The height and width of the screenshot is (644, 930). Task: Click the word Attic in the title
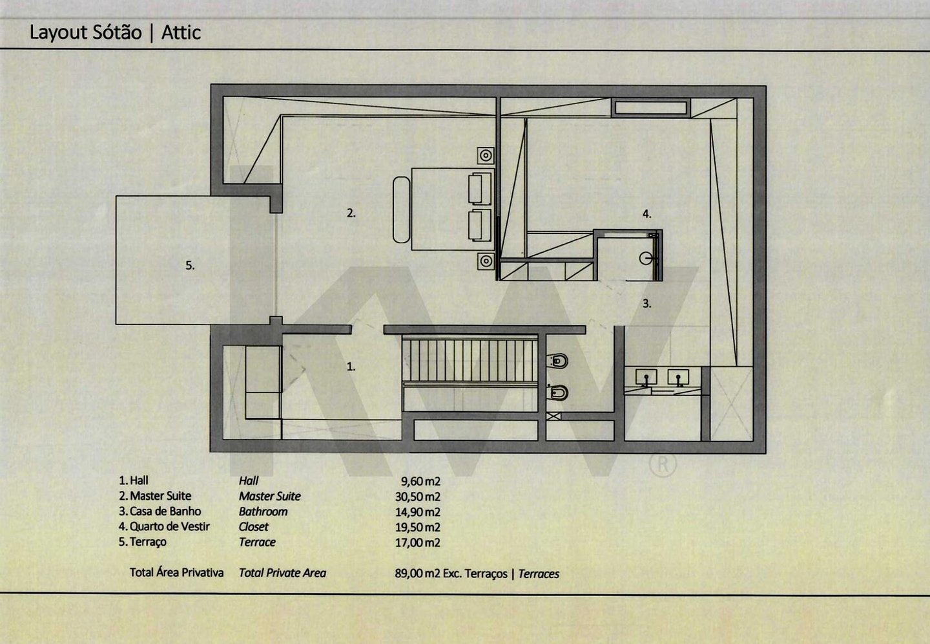pos(181,32)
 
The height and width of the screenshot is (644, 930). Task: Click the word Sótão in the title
pos(117,32)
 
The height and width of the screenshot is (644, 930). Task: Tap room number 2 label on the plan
pos(351,213)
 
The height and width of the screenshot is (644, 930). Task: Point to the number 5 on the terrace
pos(190,265)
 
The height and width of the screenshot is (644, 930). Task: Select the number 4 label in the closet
pos(647,213)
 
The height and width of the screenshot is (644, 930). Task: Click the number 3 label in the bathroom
pos(647,303)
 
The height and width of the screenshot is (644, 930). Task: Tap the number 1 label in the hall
pos(351,367)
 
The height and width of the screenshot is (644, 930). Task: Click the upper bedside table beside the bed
pos(486,155)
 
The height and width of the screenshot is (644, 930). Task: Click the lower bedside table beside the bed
pos(486,261)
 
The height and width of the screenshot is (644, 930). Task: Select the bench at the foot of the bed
pos(401,209)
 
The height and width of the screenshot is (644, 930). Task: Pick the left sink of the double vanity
pos(646,377)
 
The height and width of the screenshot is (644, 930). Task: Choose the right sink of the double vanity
pos(678,377)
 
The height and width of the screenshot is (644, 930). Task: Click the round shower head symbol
pos(646,259)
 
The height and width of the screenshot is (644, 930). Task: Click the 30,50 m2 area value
pos(418,497)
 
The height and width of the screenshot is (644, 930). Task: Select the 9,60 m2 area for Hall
pos(420,481)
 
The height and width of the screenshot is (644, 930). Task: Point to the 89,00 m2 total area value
pos(418,574)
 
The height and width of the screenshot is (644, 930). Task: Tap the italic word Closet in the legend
pos(253,527)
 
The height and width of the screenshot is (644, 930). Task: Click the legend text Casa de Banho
pos(165,511)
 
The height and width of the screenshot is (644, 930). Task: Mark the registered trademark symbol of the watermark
pos(662,465)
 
